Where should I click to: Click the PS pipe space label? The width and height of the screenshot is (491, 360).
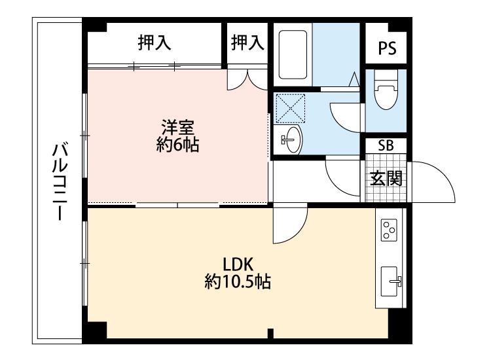[x=387, y=48]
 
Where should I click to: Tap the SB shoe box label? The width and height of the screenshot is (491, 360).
[x=386, y=145]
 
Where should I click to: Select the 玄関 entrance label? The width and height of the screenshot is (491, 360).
[x=386, y=179]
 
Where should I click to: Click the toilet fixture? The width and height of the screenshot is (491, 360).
[x=386, y=89]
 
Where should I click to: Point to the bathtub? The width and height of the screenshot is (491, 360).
[x=293, y=54]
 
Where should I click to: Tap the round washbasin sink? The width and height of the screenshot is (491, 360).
[x=291, y=139]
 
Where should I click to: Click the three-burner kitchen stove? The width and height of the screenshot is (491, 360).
[x=389, y=230]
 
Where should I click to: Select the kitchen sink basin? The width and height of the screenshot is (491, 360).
[x=390, y=281]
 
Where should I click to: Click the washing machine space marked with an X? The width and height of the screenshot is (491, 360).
[x=290, y=108]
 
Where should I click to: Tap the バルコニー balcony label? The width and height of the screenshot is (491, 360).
[x=60, y=181]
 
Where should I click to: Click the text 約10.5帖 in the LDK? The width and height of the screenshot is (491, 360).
[x=238, y=281]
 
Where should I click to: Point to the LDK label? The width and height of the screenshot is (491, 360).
[x=238, y=264]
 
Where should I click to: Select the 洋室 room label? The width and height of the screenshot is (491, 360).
[x=178, y=127]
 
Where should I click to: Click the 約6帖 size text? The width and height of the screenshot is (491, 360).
[x=177, y=145]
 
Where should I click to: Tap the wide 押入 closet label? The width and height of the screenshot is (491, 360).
[x=155, y=43]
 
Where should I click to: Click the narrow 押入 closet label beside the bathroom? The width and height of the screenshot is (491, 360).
[x=247, y=43]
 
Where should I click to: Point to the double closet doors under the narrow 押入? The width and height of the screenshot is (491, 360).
[x=247, y=79]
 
